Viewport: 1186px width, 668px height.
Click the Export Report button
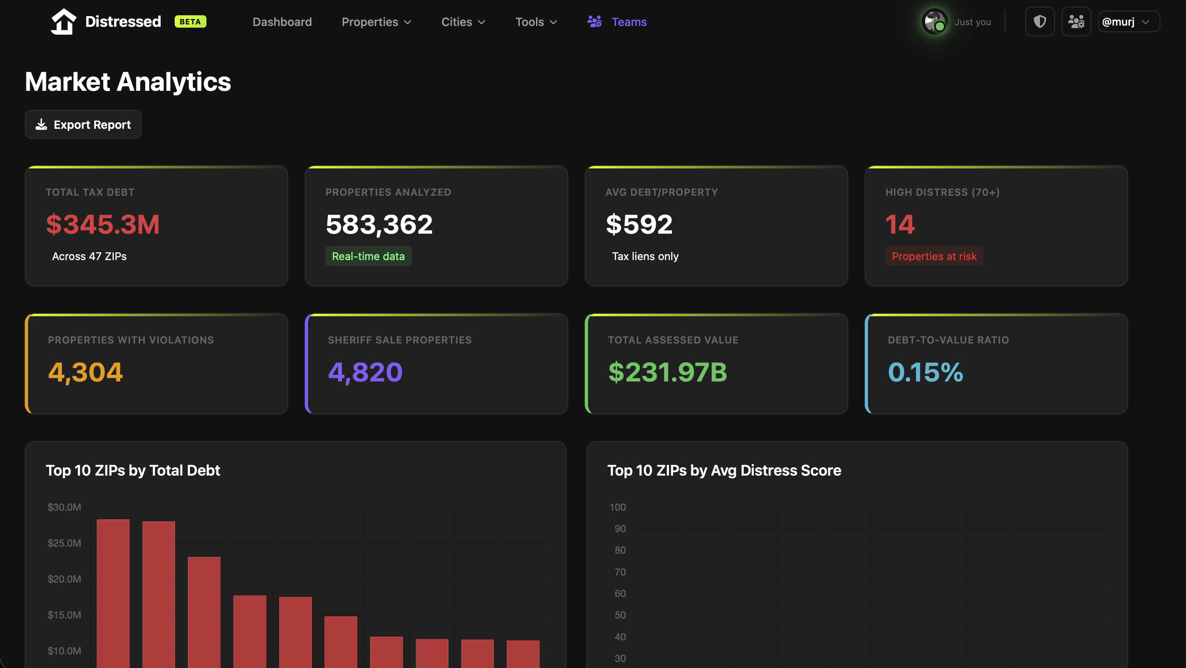click(83, 124)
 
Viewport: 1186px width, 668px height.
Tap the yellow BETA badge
click(190, 21)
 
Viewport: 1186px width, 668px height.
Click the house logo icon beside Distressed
click(63, 21)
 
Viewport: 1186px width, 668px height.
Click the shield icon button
click(1039, 21)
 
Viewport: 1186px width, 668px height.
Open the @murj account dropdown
click(1128, 21)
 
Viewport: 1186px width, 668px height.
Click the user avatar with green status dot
click(934, 21)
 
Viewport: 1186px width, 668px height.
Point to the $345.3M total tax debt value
click(103, 225)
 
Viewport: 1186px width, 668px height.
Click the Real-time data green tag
click(368, 256)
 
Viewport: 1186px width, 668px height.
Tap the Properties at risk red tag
click(934, 256)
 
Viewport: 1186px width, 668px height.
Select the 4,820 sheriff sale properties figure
click(365, 372)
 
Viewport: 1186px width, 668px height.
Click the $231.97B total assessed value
click(667, 372)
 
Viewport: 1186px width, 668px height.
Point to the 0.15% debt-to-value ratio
click(925, 372)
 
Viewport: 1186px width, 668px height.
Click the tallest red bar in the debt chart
click(113, 594)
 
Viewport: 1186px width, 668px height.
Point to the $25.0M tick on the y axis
click(64, 543)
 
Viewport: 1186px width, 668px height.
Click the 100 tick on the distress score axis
click(617, 507)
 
